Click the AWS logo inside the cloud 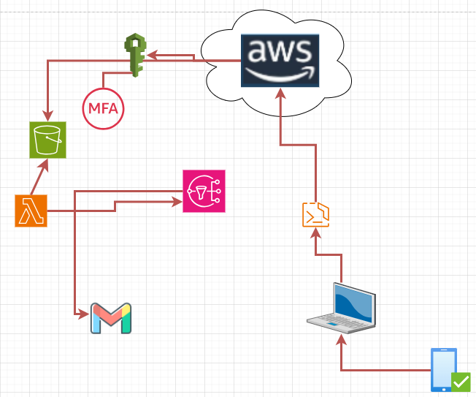pyautogui.click(x=280, y=60)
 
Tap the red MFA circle pyautogui.click(x=104, y=109)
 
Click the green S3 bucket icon pyautogui.click(x=48, y=140)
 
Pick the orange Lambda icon pyautogui.click(x=31, y=211)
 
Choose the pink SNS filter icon pyautogui.click(x=204, y=191)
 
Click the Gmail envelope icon pyautogui.click(x=111, y=318)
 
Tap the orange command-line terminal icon pyautogui.click(x=315, y=214)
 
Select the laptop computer pyautogui.click(x=342, y=308)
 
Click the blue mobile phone pyautogui.click(x=444, y=368)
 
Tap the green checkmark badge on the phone pyautogui.click(x=461, y=381)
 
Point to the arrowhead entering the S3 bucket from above pyautogui.click(x=48, y=116)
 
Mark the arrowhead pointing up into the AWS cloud pyautogui.click(x=280, y=94)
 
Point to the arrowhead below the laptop pyautogui.click(x=342, y=338)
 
